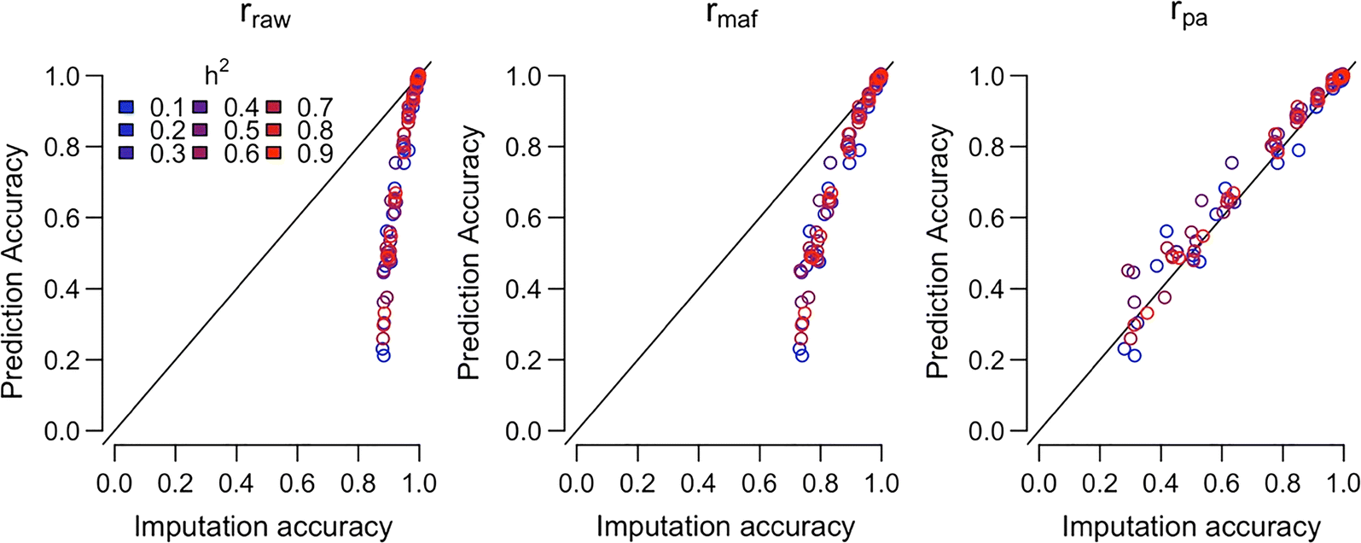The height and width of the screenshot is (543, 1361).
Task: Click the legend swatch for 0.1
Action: click(x=126, y=108)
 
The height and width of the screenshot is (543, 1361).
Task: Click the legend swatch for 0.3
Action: click(x=126, y=154)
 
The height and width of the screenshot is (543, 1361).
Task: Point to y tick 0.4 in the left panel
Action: click(x=75, y=289)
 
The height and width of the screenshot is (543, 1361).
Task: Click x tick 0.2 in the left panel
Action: click(x=175, y=483)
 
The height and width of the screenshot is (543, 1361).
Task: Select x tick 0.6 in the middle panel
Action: click(x=759, y=483)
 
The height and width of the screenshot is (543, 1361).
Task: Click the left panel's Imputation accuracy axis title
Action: click(x=263, y=527)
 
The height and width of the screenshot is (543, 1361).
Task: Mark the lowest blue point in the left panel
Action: click(x=383, y=354)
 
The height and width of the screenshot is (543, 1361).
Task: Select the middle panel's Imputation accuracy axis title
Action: click(x=725, y=527)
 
